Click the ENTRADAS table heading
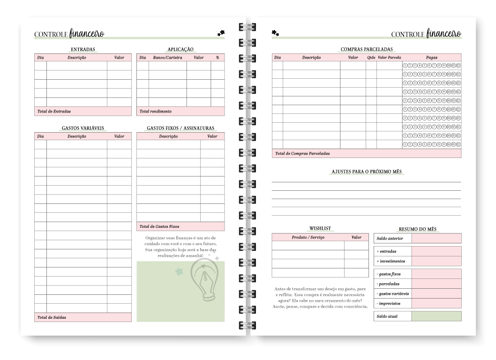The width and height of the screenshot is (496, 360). [x=83, y=49]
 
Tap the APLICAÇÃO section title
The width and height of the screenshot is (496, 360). [x=180, y=49]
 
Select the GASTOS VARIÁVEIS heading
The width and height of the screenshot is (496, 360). [x=83, y=128]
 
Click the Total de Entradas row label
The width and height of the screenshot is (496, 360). [x=54, y=112]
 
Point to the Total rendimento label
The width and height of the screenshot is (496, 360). [x=156, y=112]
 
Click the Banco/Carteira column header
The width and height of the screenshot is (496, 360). [x=167, y=58]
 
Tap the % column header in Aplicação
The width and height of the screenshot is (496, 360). [x=218, y=58]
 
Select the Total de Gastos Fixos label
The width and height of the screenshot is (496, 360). [x=159, y=226]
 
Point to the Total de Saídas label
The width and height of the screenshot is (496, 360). [x=52, y=317]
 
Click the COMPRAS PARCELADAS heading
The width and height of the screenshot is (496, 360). [x=367, y=49]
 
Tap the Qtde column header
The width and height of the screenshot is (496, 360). [x=371, y=58]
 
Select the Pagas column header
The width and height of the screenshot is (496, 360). [x=432, y=58]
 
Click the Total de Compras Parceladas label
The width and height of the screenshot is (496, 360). [x=302, y=153]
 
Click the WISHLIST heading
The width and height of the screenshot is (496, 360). [x=320, y=228]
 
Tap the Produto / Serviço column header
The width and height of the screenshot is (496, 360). [x=308, y=238]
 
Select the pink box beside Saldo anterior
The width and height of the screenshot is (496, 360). [x=436, y=238]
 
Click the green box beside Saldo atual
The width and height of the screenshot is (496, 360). [x=436, y=316]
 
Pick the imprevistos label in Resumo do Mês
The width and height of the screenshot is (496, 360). [x=389, y=303]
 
